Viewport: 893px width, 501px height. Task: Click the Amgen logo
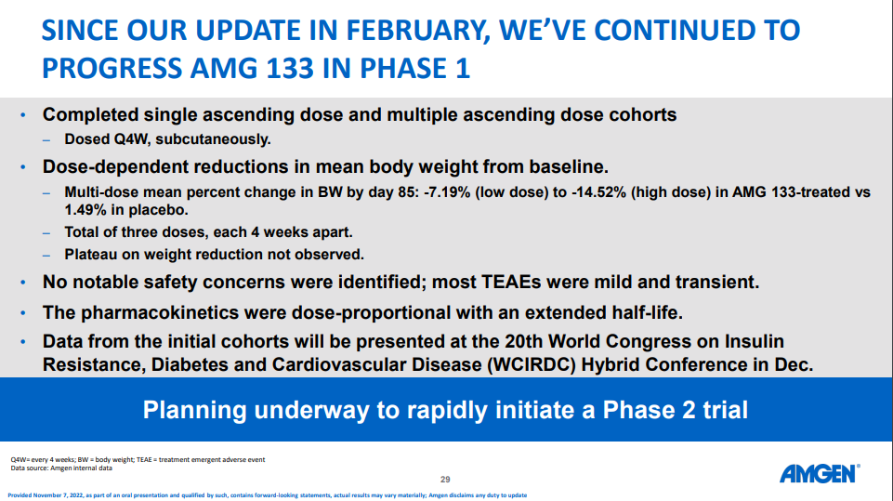point(819,473)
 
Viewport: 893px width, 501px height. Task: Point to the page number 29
point(445,480)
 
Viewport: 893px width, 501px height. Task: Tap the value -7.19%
point(447,192)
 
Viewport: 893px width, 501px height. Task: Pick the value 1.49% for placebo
point(85,210)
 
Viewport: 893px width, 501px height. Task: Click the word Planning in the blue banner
point(194,411)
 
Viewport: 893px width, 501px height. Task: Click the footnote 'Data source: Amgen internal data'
point(61,468)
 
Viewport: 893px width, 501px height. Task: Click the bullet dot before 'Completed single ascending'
point(23,115)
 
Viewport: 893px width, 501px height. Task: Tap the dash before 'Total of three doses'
point(46,232)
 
